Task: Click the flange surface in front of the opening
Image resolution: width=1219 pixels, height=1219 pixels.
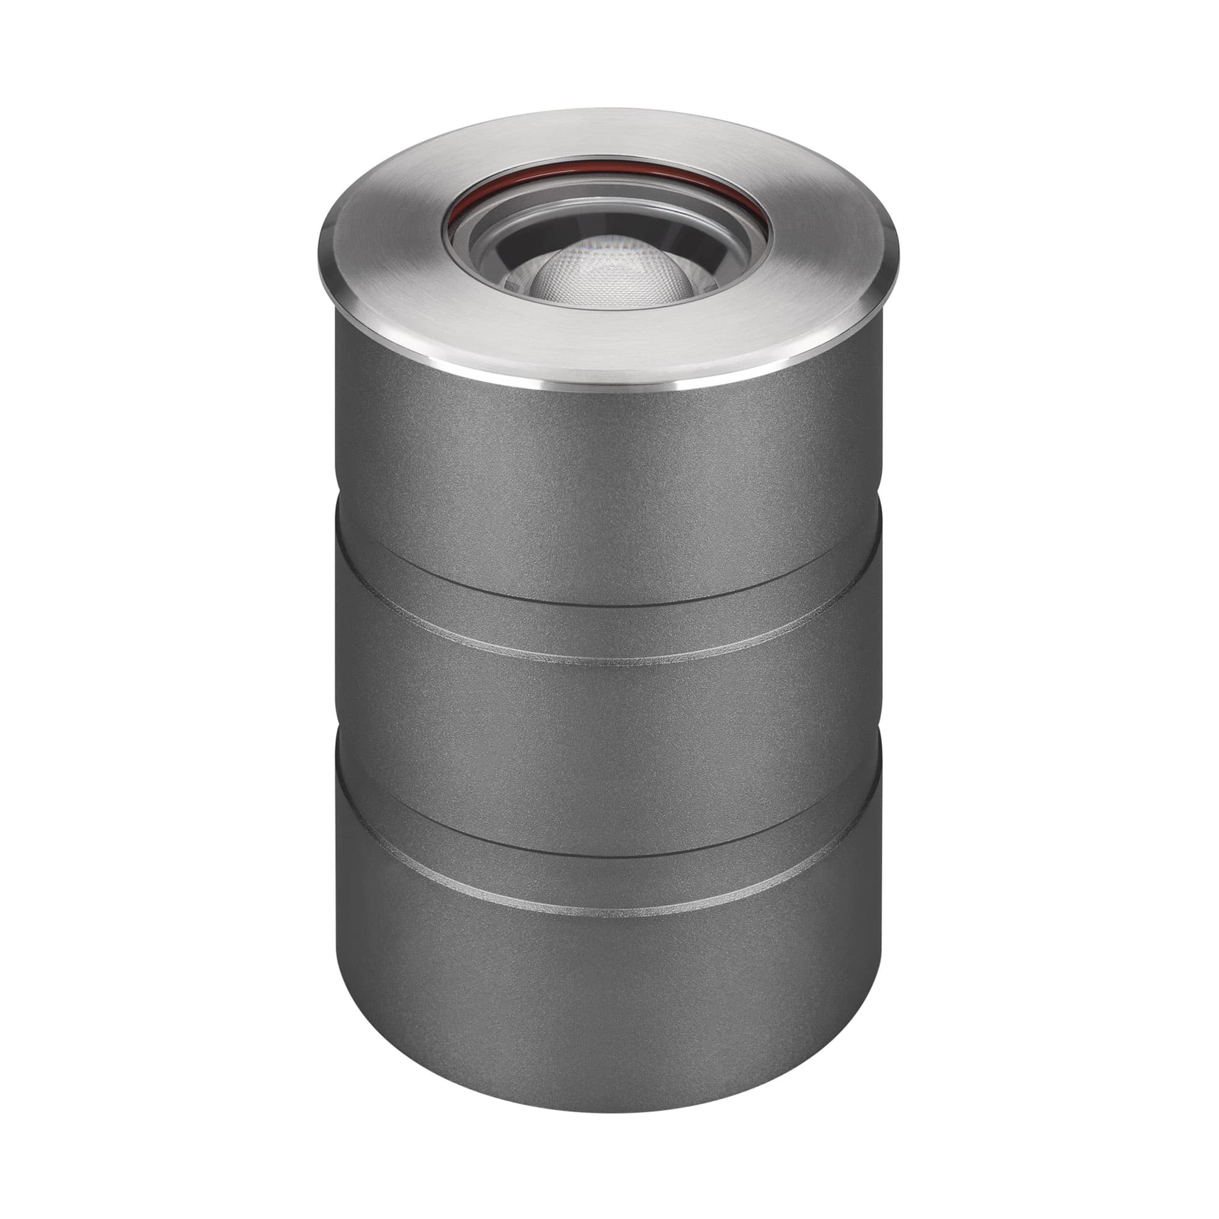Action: coord(609,344)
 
